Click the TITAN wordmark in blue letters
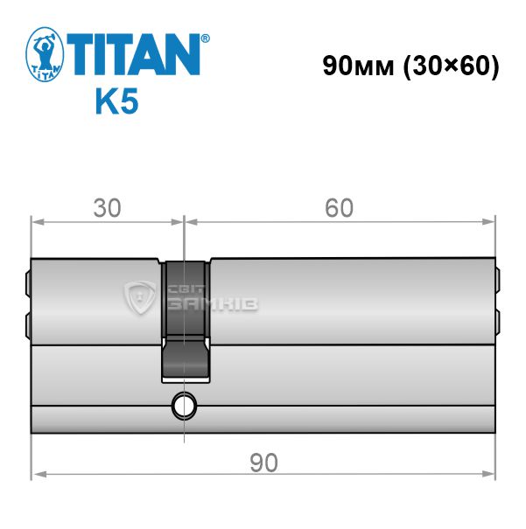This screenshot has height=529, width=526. tap(133, 54)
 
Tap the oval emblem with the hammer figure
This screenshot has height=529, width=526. tap(45, 54)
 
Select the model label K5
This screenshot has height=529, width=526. tap(117, 101)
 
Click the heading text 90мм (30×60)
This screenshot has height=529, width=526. tap(410, 66)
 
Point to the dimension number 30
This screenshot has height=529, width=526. tap(107, 208)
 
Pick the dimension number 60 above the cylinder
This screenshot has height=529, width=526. tap(339, 208)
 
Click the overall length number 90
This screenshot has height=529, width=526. tap(263, 463)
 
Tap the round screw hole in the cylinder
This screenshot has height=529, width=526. tap(184, 405)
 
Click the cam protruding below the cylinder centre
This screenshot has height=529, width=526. tap(186, 359)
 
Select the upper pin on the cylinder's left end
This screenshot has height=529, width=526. tap(28, 282)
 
